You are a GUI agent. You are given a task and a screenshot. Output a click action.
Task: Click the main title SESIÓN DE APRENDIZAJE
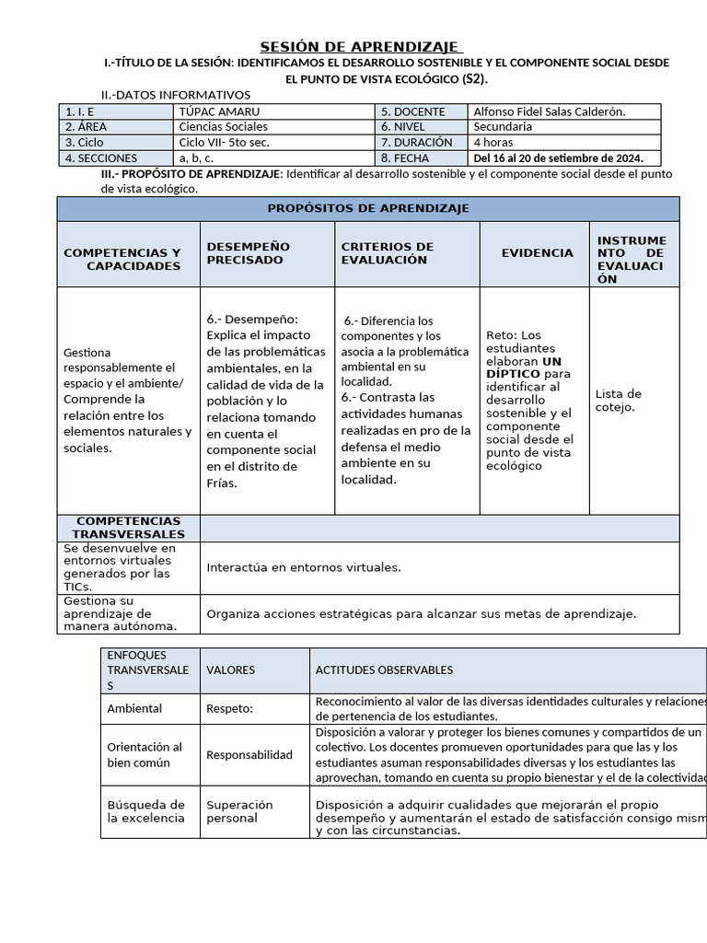pos(360,47)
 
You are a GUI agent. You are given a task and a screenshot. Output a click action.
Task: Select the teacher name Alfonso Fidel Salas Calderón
pos(549,111)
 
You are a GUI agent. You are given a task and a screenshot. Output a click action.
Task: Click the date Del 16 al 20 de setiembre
pos(558,157)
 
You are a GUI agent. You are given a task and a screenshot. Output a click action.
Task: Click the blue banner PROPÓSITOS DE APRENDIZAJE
pos(368,208)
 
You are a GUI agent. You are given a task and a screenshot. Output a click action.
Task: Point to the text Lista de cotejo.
pos(619,401)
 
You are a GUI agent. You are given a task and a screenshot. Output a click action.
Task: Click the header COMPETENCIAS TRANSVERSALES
pos(128,528)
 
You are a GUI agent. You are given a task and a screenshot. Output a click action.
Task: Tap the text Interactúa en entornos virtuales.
pos(304,567)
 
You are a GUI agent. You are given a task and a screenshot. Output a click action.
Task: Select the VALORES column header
pos(230,670)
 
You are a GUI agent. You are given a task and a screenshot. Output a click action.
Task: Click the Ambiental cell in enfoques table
pos(134,709)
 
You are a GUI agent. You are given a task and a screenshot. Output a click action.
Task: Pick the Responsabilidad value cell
pos(249,755)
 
